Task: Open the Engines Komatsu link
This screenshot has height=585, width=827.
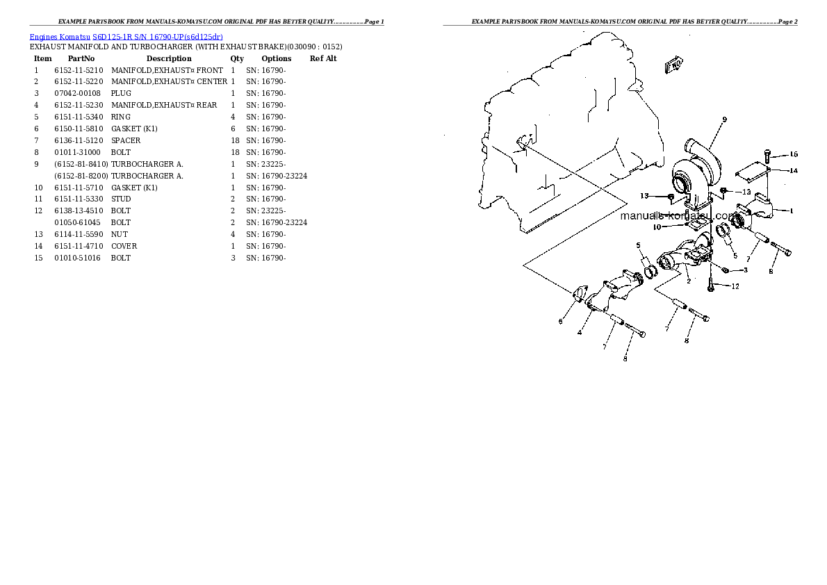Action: point(60,37)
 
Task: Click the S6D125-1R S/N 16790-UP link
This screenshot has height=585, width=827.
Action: point(158,37)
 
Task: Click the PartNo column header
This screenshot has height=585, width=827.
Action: point(81,58)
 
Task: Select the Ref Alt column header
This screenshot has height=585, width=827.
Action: point(322,58)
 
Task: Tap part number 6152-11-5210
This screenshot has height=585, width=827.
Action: point(79,70)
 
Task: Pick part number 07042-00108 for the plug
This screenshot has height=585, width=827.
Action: point(77,93)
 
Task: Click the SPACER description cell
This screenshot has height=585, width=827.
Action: point(126,140)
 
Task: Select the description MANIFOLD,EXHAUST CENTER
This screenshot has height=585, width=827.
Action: point(170,82)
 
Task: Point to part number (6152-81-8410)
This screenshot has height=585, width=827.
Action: point(81,164)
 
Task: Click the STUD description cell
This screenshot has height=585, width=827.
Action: point(121,199)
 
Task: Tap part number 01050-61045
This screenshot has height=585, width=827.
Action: point(77,222)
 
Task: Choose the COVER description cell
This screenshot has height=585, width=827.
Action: point(124,247)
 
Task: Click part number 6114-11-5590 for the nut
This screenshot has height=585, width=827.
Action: point(79,234)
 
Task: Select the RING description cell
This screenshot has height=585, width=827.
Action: point(121,117)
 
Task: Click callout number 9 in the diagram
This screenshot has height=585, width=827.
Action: point(724,120)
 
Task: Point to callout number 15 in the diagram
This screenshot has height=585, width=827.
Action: point(793,154)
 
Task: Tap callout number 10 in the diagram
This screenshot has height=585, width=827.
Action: point(657,227)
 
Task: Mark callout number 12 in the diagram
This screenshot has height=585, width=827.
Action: point(735,286)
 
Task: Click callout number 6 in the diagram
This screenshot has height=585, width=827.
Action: point(560,321)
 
